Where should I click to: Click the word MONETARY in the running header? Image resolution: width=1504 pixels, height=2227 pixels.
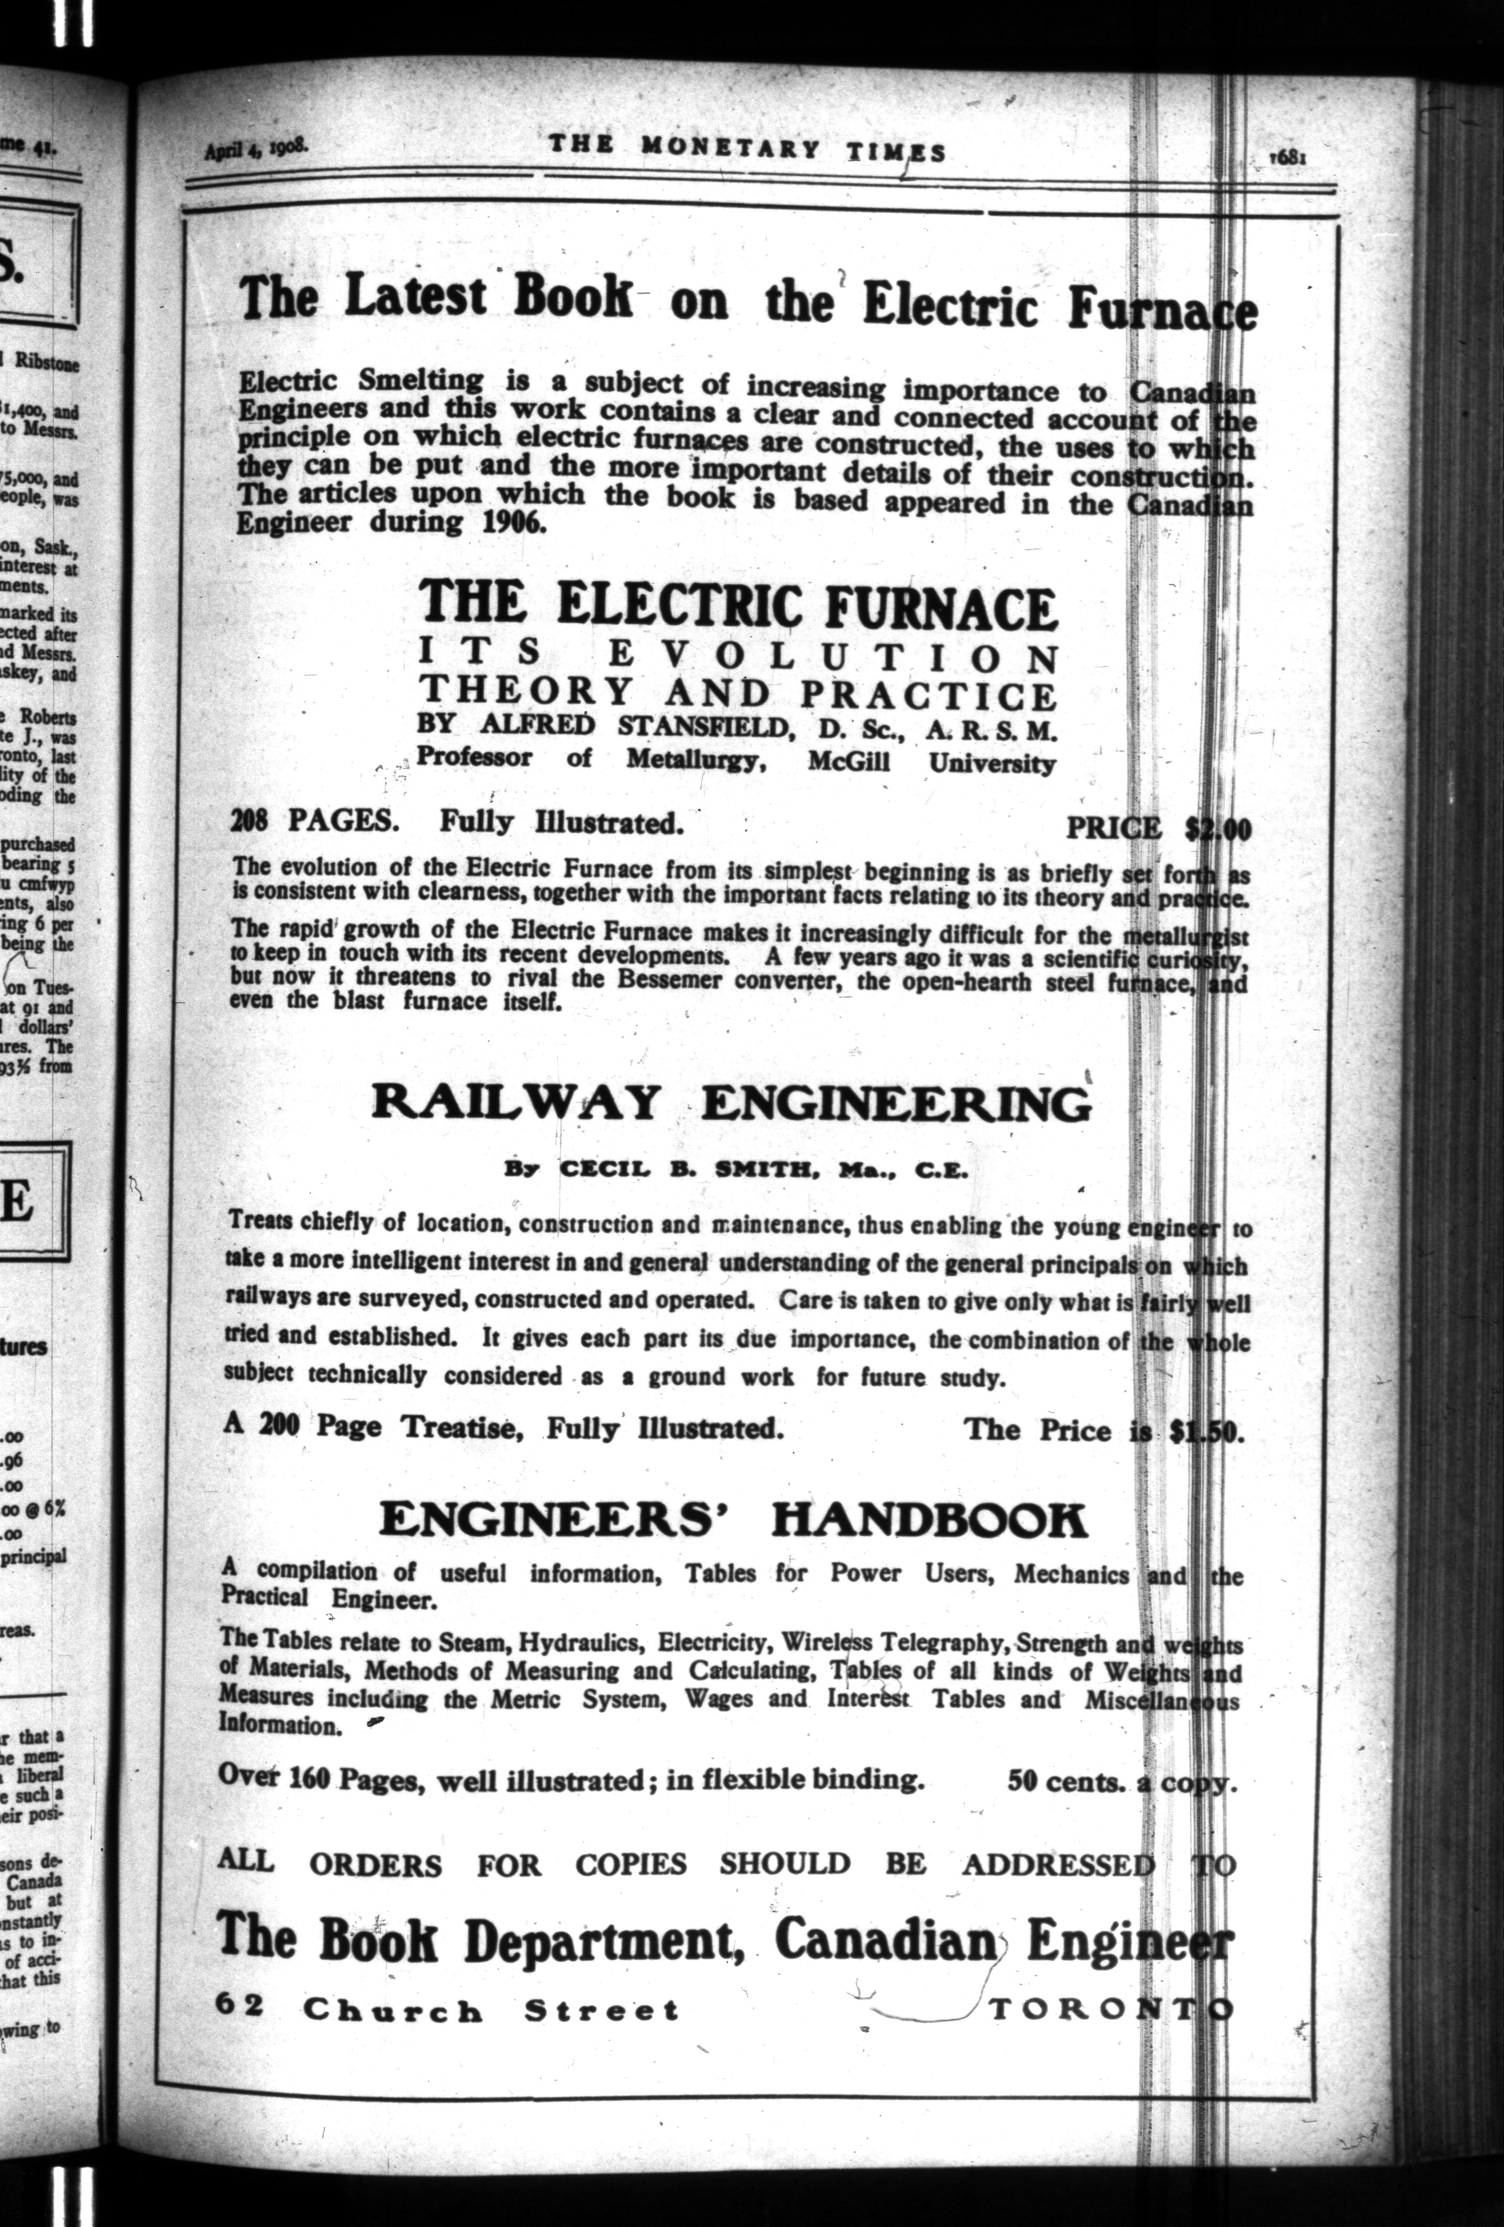pyautogui.click(x=730, y=149)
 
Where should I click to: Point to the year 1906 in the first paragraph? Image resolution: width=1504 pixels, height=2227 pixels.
pyautogui.click(x=505, y=524)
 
